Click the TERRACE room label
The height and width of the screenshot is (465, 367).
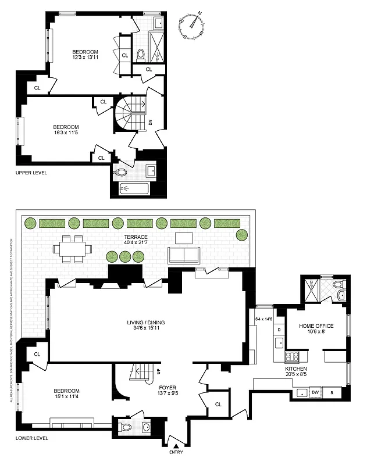(136, 237)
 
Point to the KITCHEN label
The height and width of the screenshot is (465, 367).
(295, 369)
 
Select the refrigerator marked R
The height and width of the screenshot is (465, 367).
(332, 392)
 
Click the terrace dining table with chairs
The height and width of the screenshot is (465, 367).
(73, 248)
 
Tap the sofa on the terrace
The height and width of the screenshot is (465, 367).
(183, 255)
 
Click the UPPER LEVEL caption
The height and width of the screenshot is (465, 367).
(31, 173)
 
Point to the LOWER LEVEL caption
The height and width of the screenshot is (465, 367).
(31, 438)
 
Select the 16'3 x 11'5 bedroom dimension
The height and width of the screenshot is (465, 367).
(66, 133)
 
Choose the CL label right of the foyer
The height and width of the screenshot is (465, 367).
(218, 404)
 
